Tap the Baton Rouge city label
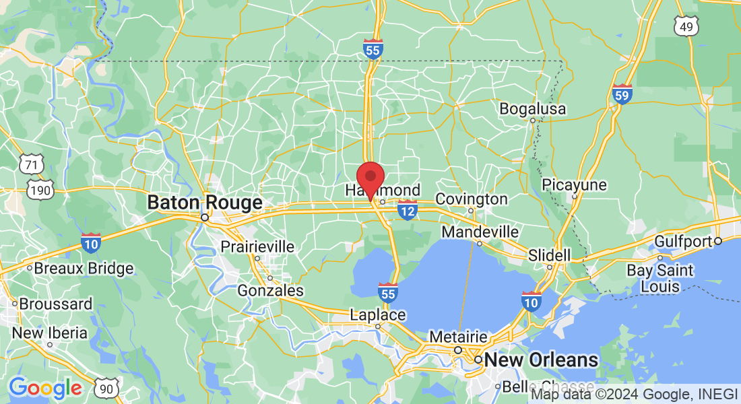[x=205, y=203]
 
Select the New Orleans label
[x=542, y=360]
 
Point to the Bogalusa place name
[x=533, y=109]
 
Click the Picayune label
[x=574, y=184]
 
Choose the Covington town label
[x=472, y=199]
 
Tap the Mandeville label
[x=480, y=232]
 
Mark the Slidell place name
[x=549, y=256]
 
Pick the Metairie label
[x=458, y=336]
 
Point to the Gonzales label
[x=271, y=291]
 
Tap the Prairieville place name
[x=257, y=247]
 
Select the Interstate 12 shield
[x=407, y=211]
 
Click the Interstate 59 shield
[x=622, y=95]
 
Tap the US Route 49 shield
[x=686, y=26]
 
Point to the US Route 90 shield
[x=108, y=387]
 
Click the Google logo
[x=45, y=388]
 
